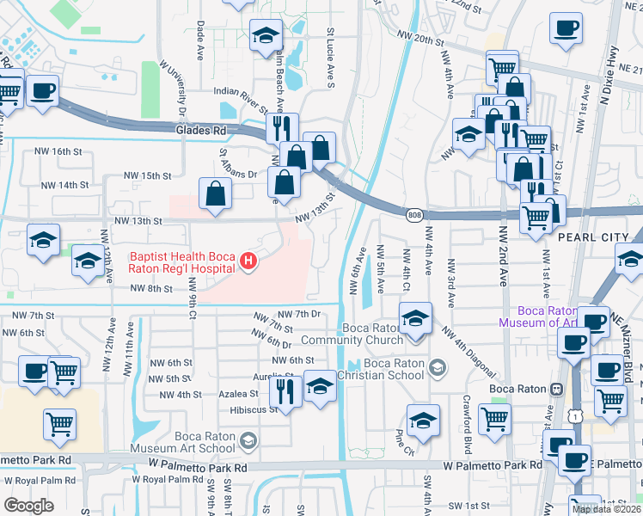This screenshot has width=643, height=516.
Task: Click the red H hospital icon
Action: point(248,261)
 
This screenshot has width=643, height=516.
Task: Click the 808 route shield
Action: point(415,214)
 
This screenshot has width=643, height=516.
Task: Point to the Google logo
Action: point(29,506)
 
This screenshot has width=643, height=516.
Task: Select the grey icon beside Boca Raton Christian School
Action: point(438,369)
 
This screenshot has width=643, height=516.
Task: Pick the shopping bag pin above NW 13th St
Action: point(215,193)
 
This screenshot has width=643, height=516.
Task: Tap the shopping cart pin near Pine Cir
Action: point(494,419)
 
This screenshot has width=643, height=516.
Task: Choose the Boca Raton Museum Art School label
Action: point(181,442)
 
